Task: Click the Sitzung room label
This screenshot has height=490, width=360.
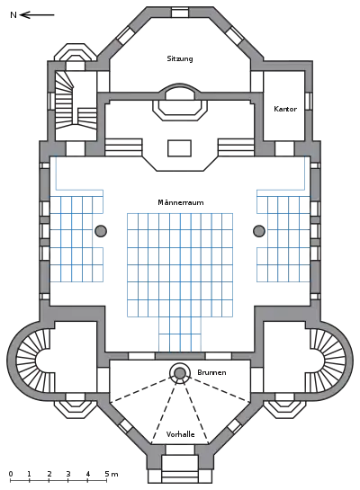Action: [x=180, y=58]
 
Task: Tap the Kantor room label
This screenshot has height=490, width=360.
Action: [x=285, y=109]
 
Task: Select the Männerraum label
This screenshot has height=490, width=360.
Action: [x=181, y=202]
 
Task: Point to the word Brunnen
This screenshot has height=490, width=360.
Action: [x=211, y=372]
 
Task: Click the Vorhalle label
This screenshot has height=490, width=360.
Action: [x=181, y=434]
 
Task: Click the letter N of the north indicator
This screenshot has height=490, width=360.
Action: [x=13, y=14]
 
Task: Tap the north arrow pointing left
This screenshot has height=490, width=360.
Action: [x=37, y=14]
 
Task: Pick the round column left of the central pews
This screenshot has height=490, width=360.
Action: [x=101, y=231]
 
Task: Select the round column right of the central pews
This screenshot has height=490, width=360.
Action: [x=259, y=231]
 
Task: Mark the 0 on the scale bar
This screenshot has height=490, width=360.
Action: [x=11, y=474]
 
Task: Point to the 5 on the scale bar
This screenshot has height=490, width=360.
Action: [x=107, y=474]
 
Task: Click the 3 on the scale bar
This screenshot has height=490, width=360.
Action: [x=68, y=474]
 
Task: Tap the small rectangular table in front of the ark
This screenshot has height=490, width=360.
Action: [x=179, y=148]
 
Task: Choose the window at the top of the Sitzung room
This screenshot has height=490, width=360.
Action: [x=180, y=13]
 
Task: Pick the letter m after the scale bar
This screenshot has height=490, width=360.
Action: [x=115, y=475]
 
